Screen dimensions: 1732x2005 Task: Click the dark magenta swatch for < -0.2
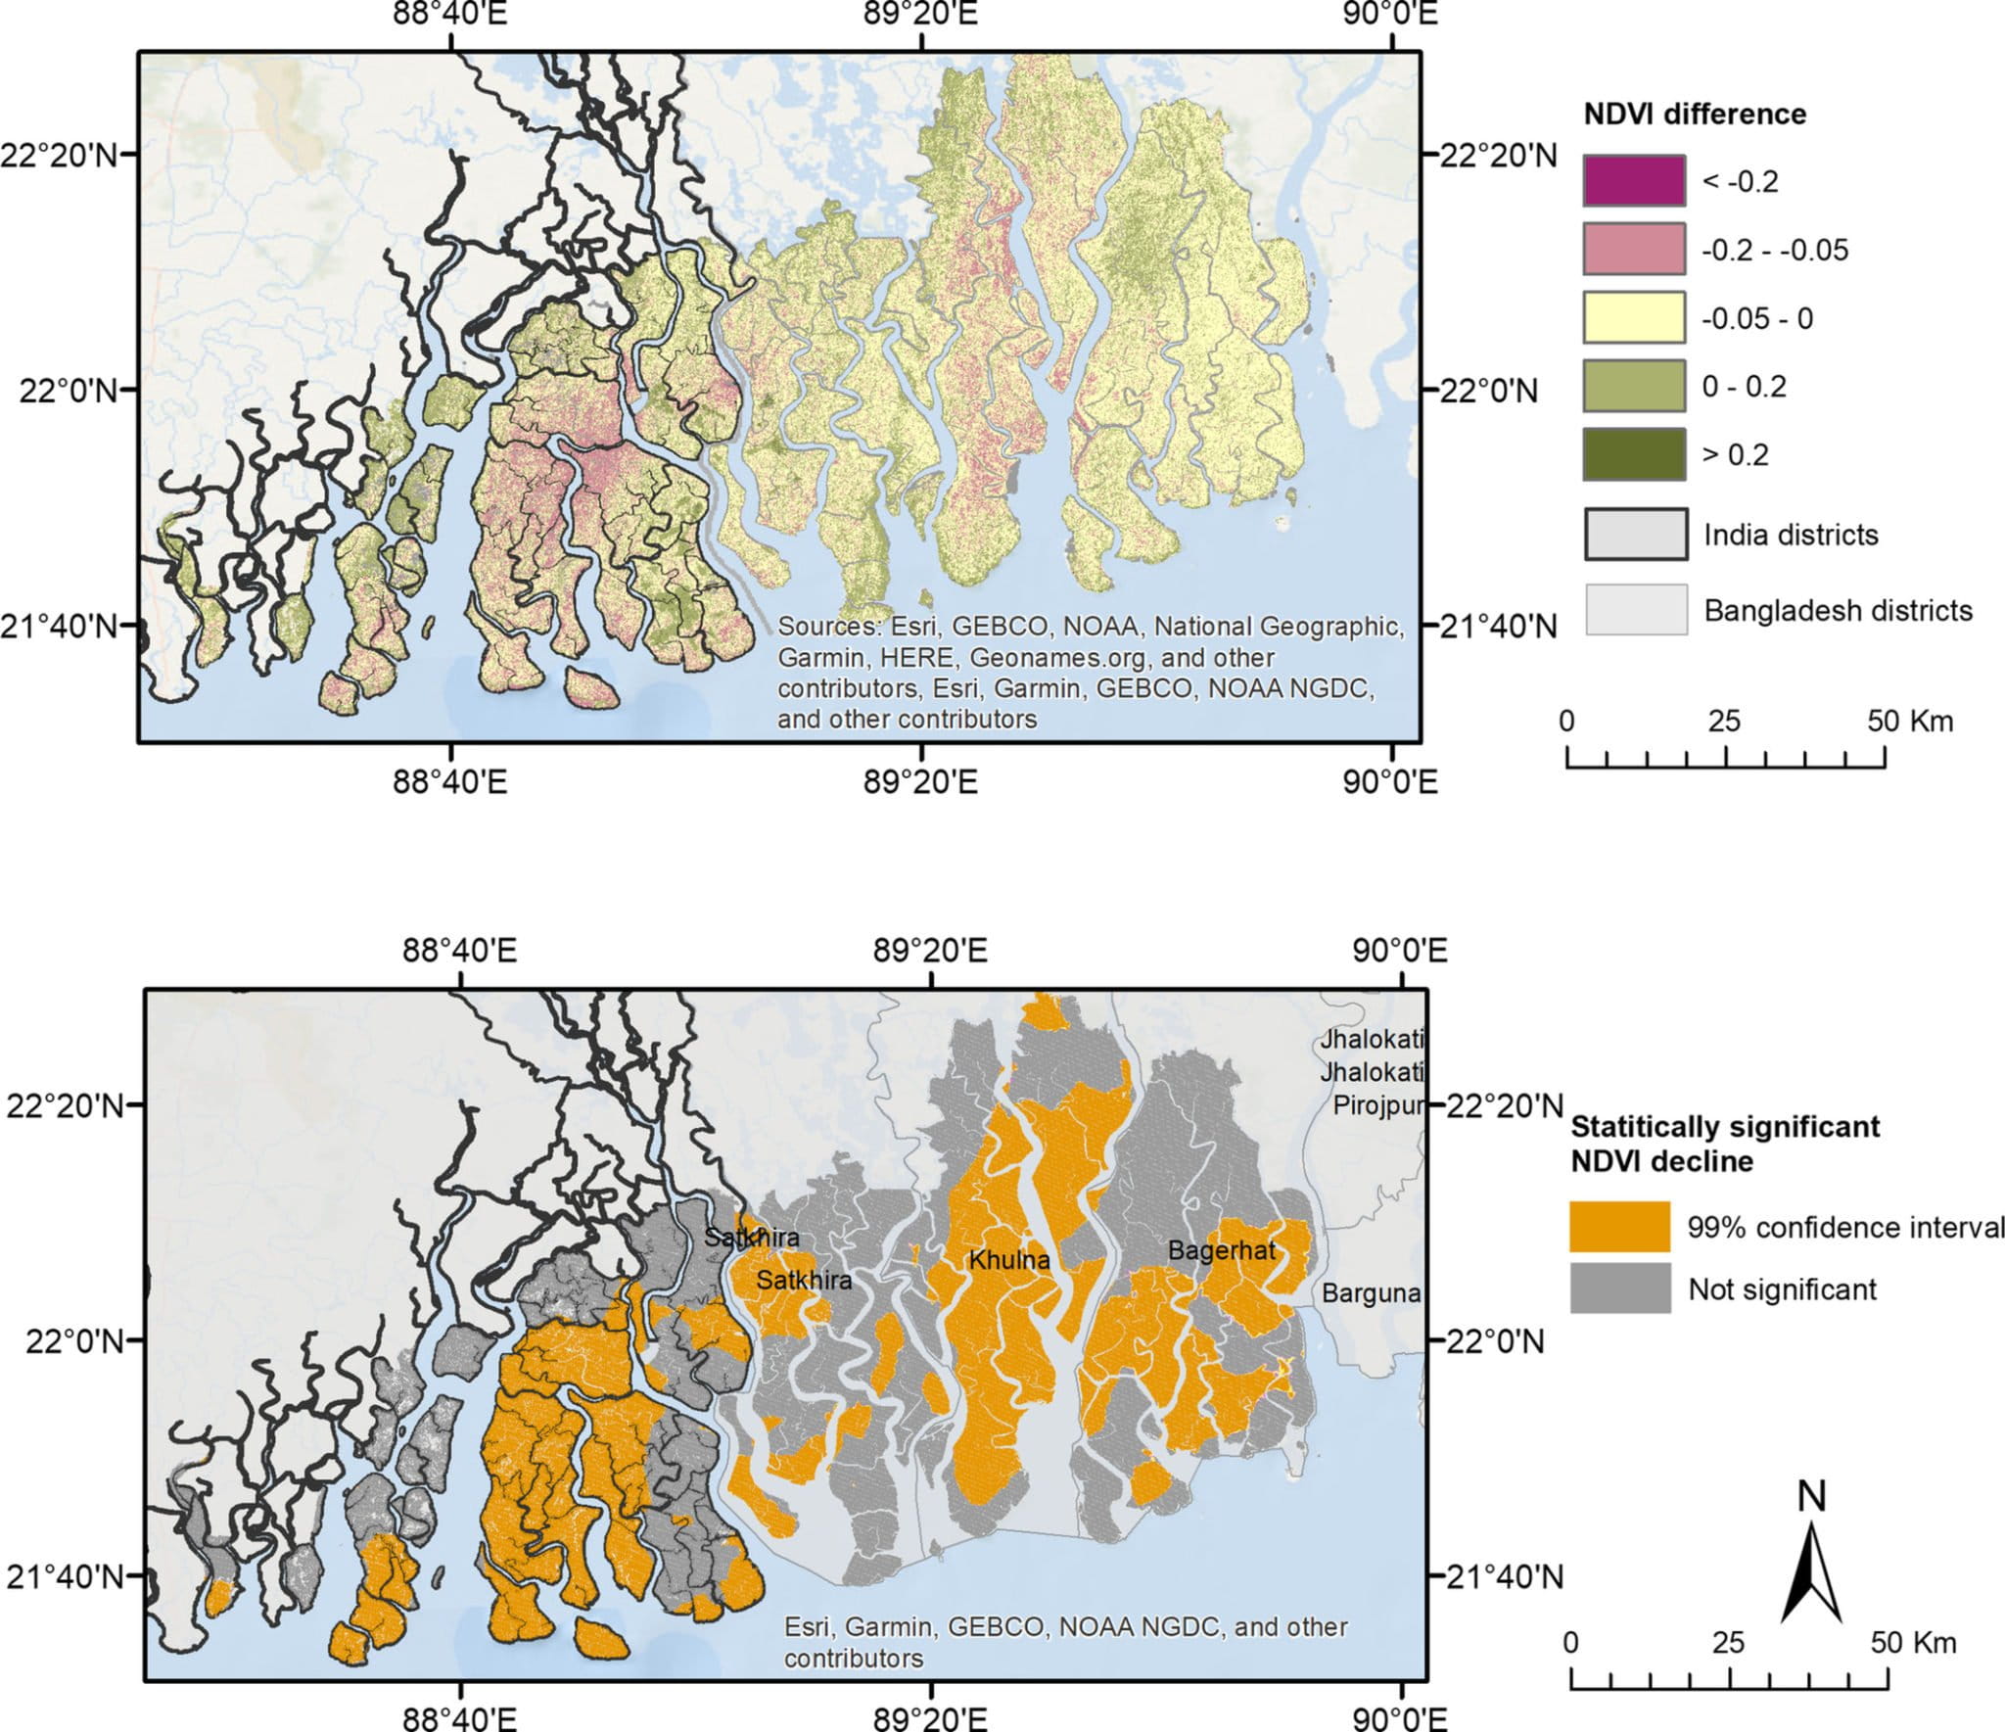pyautogui.click(x=1634, y=180)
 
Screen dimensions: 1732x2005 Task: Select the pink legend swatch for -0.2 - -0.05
pyautogui.click(x=1634, y=249)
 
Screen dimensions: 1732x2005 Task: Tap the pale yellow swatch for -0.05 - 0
pyautogui.click(x=1634, y=317)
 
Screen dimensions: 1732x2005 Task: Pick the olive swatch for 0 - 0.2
pyautogui.click(x=1634, y=386)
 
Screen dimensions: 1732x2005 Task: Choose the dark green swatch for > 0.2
pyautogui.click(x=1634, y=454)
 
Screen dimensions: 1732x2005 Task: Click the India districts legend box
pyautogui.click(x=1635, y=535)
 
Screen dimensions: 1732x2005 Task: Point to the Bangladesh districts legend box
pyautogui.click(x=1635, y=609)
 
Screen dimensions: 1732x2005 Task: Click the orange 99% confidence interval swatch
pyautogui.click(x=1619, y=1227)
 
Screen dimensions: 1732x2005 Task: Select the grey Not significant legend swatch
pyautogui.click(x=1619, y=1288)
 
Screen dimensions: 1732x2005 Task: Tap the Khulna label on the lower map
pyautogui.click(x=1009, y=1260)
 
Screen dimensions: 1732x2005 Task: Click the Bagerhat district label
pyautogui.click(x=1222, y=1250)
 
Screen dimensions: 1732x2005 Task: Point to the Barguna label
pyautogui.click(x=1371, y=1293)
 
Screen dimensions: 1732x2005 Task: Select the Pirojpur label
pyautogui.click(x=1377, y=1106)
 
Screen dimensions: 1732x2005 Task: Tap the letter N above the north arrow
pyautogui.click(x=1812, y=1496)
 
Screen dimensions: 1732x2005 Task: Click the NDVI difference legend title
pyautogui.click(x=1695, y=115)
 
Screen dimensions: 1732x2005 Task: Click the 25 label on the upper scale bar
pyautogui.click(x=1724, y=722)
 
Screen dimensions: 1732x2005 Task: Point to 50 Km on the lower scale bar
pyautogui.click(x=1913, y=1643)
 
